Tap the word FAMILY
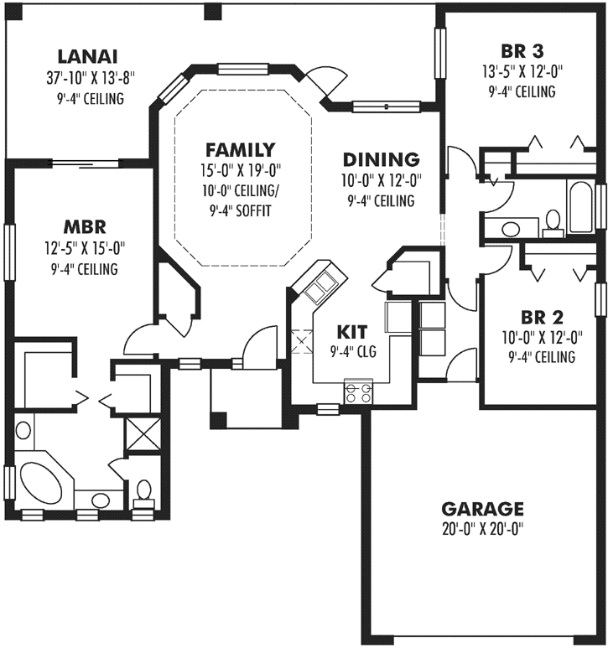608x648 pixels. click(240, 150)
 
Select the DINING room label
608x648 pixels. click(381, 158)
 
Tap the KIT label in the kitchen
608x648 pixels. click(352, 329)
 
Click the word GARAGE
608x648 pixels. click(482, 509)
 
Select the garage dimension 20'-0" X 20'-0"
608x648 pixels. click(482, 529)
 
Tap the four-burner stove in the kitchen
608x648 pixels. click(358, 391)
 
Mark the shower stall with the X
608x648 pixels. click(138, 435)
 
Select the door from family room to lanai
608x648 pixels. click(323, 80)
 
